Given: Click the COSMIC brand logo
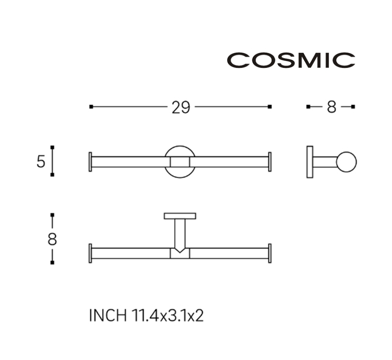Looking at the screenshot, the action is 291,60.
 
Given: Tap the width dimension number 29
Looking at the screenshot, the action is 181,108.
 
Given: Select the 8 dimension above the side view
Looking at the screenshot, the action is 332,107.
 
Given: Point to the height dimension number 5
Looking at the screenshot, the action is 41,162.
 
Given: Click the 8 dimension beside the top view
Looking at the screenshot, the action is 52,239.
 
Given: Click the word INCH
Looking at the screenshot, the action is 108,316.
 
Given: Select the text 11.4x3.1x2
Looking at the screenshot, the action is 168,316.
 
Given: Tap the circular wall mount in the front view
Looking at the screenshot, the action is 180,162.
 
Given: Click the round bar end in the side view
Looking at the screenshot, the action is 347,162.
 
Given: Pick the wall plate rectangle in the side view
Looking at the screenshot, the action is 310,162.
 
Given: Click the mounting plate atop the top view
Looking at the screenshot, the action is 180,216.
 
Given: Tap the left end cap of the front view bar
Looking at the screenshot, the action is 90,162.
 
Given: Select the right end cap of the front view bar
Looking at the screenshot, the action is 270,162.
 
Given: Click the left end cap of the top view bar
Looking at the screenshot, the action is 90,253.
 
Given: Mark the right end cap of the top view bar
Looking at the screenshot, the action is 270,253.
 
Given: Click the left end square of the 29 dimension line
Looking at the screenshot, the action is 91,107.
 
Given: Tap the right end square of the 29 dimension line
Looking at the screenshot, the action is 269,107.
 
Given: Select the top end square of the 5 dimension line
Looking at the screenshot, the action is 52,147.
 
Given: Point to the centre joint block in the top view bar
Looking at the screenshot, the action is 180,253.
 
